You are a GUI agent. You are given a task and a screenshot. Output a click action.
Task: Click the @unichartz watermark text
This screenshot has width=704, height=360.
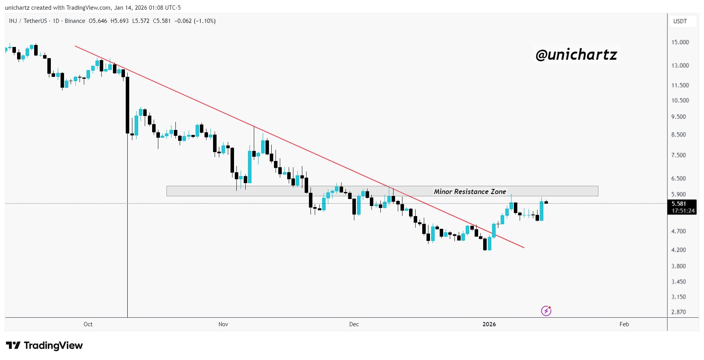[x=576, y=55]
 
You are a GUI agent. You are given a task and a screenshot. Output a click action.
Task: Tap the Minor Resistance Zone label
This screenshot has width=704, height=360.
[x=470, y=192]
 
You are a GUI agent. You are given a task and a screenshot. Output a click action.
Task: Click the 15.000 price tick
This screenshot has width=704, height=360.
[x=680, y=42]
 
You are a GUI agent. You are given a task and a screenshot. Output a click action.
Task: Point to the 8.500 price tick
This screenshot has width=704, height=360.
[x=678, y=135]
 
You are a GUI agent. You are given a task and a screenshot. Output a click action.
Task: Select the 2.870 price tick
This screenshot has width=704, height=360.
[x=678, y=312]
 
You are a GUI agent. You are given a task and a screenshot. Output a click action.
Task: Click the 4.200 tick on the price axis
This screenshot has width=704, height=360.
[x=678, y=250]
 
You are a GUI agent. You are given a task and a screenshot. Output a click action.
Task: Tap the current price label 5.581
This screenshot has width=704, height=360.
[x=679, y=204]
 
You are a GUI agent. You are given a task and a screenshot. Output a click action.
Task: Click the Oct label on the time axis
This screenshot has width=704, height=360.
[x=88, y=324]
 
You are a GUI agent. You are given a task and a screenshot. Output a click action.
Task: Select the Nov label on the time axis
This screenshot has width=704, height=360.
[x=223, y=324]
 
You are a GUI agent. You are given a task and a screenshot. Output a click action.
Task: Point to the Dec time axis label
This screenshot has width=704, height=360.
[x=354, y=324]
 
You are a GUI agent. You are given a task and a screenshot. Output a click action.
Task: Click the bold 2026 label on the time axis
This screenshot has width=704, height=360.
[x=489, y=324]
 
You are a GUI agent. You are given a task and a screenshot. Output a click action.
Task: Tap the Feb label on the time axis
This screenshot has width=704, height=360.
[x=624, y=324]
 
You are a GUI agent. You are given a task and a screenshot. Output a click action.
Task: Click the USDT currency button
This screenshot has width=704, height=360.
[x=680, y=21]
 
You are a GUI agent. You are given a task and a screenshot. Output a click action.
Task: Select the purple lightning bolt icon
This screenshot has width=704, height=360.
[x=546, y=311]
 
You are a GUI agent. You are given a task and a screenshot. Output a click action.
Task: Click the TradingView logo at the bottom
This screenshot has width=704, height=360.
[x=45, y=345]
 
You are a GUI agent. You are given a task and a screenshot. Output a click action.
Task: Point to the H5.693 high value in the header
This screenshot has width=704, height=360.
[x=120, y=21]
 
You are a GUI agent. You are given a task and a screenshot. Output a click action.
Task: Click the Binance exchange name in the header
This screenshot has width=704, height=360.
[x=75, y=21]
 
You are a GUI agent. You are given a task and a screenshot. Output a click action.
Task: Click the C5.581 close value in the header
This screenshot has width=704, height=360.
[x=162, y=21]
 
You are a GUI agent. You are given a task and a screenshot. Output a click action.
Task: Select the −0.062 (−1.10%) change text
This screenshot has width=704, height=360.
[x=195, y=21]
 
